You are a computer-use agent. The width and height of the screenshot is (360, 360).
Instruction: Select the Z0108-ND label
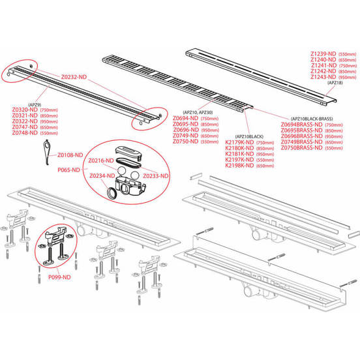point(70,155)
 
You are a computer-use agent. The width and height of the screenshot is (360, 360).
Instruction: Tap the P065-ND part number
point(68,169)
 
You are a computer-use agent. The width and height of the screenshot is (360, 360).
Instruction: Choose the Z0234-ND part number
point(103,175)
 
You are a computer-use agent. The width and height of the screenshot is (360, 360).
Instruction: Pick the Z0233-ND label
point(156,175)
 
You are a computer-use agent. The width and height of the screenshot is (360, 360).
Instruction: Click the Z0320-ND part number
point(25,111)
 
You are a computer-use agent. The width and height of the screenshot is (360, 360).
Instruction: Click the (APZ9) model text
point(36,104)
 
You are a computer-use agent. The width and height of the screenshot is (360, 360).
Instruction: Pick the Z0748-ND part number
point(25,133)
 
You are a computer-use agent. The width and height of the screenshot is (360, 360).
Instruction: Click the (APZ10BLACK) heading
point(241,136)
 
